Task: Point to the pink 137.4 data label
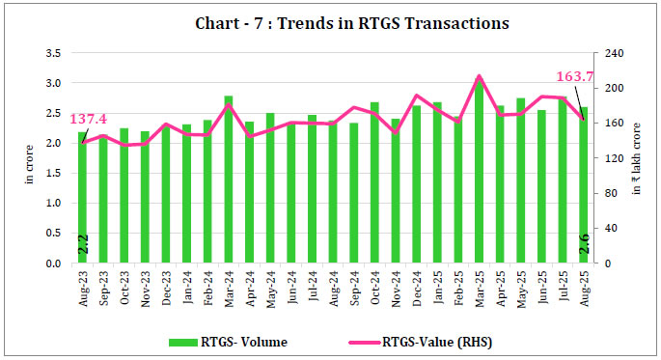[88, 119]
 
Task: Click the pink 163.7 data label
[574, 77]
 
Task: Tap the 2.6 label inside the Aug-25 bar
[584, 246]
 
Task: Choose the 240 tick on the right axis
[613, 53]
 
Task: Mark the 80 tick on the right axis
[610, 193]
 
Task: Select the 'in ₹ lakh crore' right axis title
[638, 159]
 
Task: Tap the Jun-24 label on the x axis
[290, 287]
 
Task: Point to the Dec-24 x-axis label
[416, 287]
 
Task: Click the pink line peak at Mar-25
[480, 75]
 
